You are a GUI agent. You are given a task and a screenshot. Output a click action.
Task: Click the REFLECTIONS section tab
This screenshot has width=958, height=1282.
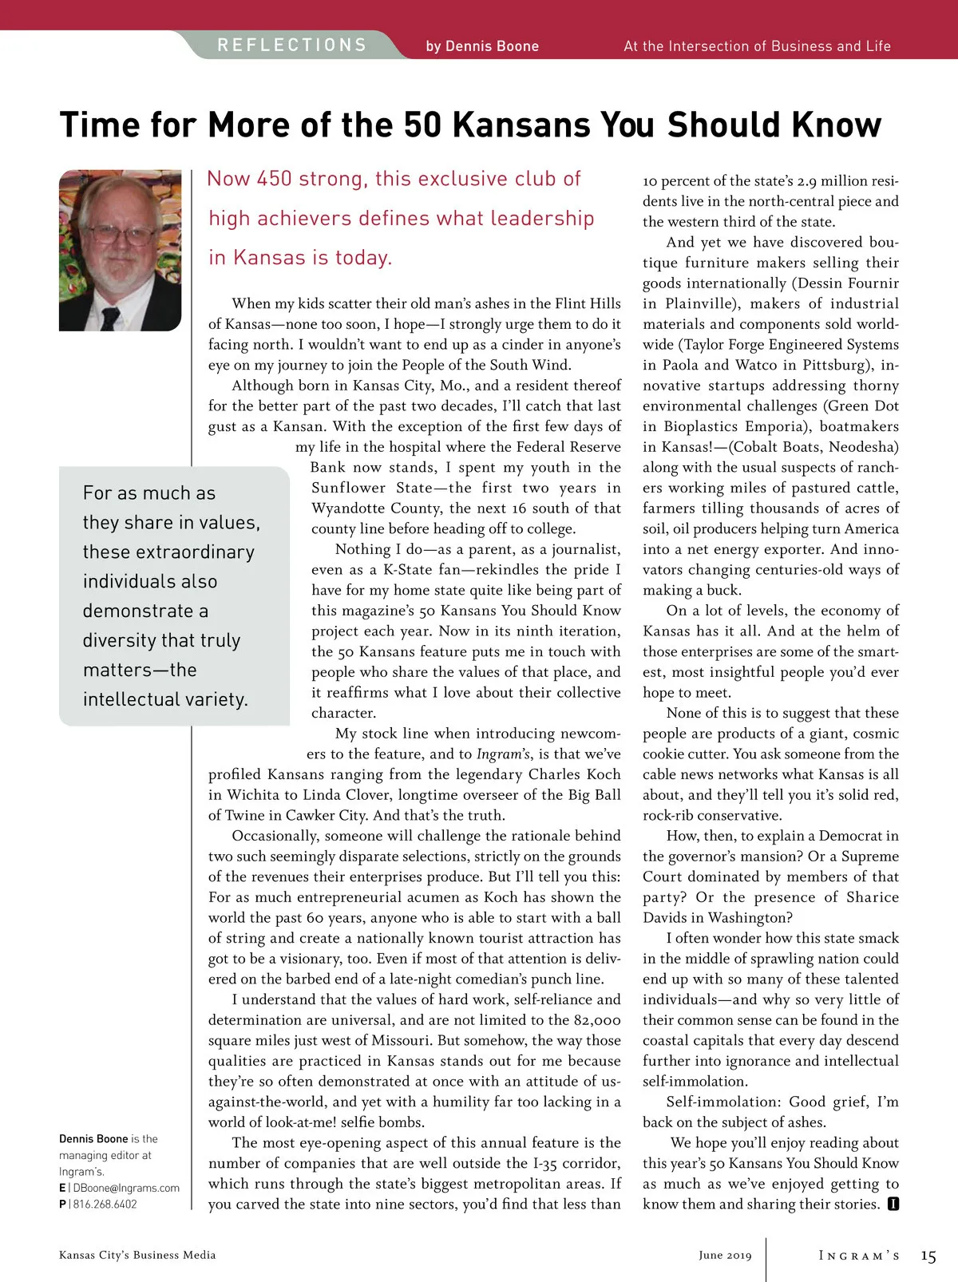[292, 45]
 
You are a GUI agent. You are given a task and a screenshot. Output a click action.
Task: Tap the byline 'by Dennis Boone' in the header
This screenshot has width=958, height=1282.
[482, 46]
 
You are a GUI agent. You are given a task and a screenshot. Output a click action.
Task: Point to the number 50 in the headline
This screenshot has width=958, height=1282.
[423, 125]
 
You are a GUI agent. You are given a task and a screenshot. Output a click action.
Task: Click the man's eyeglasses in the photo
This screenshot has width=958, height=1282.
[124, 234]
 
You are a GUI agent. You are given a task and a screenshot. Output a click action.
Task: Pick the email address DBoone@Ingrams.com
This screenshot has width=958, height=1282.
[126, 1188]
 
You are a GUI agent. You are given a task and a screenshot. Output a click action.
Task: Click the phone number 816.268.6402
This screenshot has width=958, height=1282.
[105, 1204]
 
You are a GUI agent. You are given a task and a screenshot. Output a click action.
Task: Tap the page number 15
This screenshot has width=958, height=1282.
[928, 1256]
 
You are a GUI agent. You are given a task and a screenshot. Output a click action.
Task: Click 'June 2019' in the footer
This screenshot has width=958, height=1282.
[725, 1256]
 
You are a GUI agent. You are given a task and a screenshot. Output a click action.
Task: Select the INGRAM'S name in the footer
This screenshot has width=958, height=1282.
[859, 1256]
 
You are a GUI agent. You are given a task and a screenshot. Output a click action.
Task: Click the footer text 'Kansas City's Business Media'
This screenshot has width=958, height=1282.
[137, 1255]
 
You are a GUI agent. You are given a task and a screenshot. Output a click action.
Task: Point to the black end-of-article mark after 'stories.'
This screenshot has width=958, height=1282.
[893, 1204]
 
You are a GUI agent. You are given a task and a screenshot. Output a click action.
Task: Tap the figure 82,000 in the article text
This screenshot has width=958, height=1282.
[596, 1020]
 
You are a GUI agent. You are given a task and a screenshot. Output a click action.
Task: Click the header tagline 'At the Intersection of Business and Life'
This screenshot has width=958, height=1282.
[757, 46]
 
